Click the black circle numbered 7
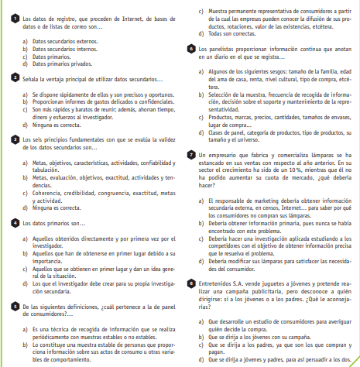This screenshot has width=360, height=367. coord(191,155)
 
